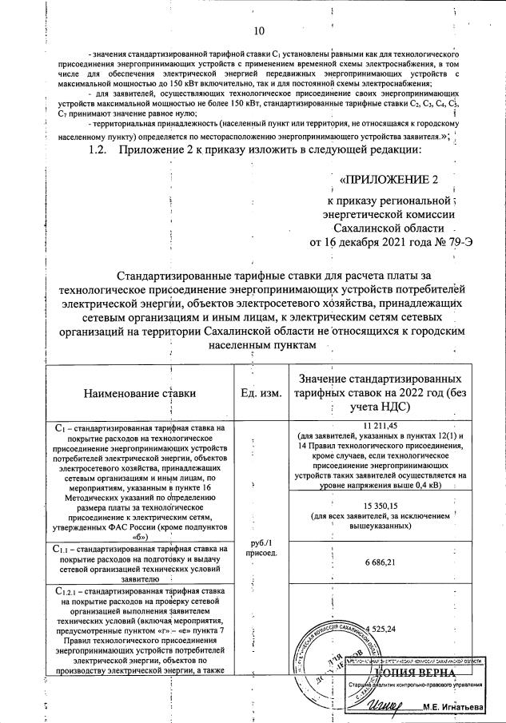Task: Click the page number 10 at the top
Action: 257,31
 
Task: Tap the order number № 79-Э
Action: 452,242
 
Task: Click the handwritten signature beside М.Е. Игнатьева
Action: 389,703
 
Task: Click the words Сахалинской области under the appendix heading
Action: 388,228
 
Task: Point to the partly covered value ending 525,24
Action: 385,629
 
